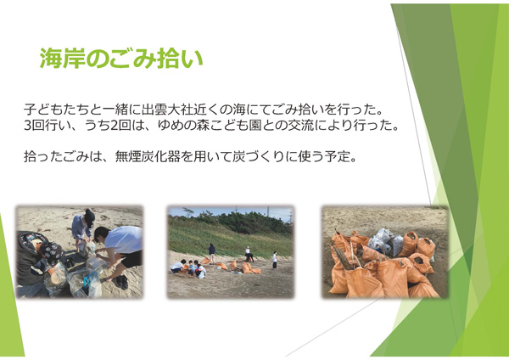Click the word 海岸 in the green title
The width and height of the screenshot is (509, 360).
pos(62,59)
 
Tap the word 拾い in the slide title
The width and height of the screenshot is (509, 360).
pos(180,59)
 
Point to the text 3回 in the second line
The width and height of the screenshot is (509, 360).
pos(34,126)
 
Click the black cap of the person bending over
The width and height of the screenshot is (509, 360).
pos(89,217)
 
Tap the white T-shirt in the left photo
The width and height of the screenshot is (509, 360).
pos(124,239)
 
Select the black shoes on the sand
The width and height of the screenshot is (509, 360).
pos(120,282)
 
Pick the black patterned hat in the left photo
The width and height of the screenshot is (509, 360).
pos(51,252)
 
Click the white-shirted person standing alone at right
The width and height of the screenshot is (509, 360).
pos(275,260)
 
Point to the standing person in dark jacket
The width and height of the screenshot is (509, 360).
pos(211,254)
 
